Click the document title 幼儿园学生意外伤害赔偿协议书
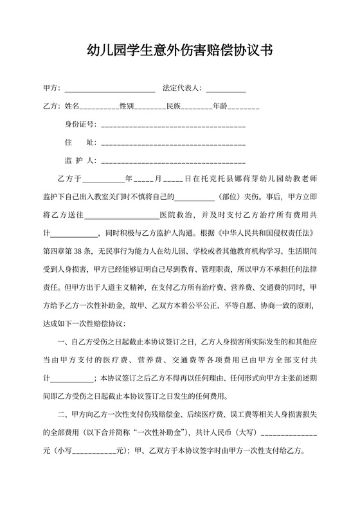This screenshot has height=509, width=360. [179, 51]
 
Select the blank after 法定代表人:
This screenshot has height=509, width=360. [226, 88]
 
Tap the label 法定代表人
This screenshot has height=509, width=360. [181, 87]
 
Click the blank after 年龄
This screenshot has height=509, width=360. [244, 106]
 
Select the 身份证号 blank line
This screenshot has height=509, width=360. [173, 124]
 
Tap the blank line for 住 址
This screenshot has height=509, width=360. [173, 142]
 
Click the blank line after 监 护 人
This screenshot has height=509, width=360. [173, 161]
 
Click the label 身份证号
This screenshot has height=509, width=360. [80, 123]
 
